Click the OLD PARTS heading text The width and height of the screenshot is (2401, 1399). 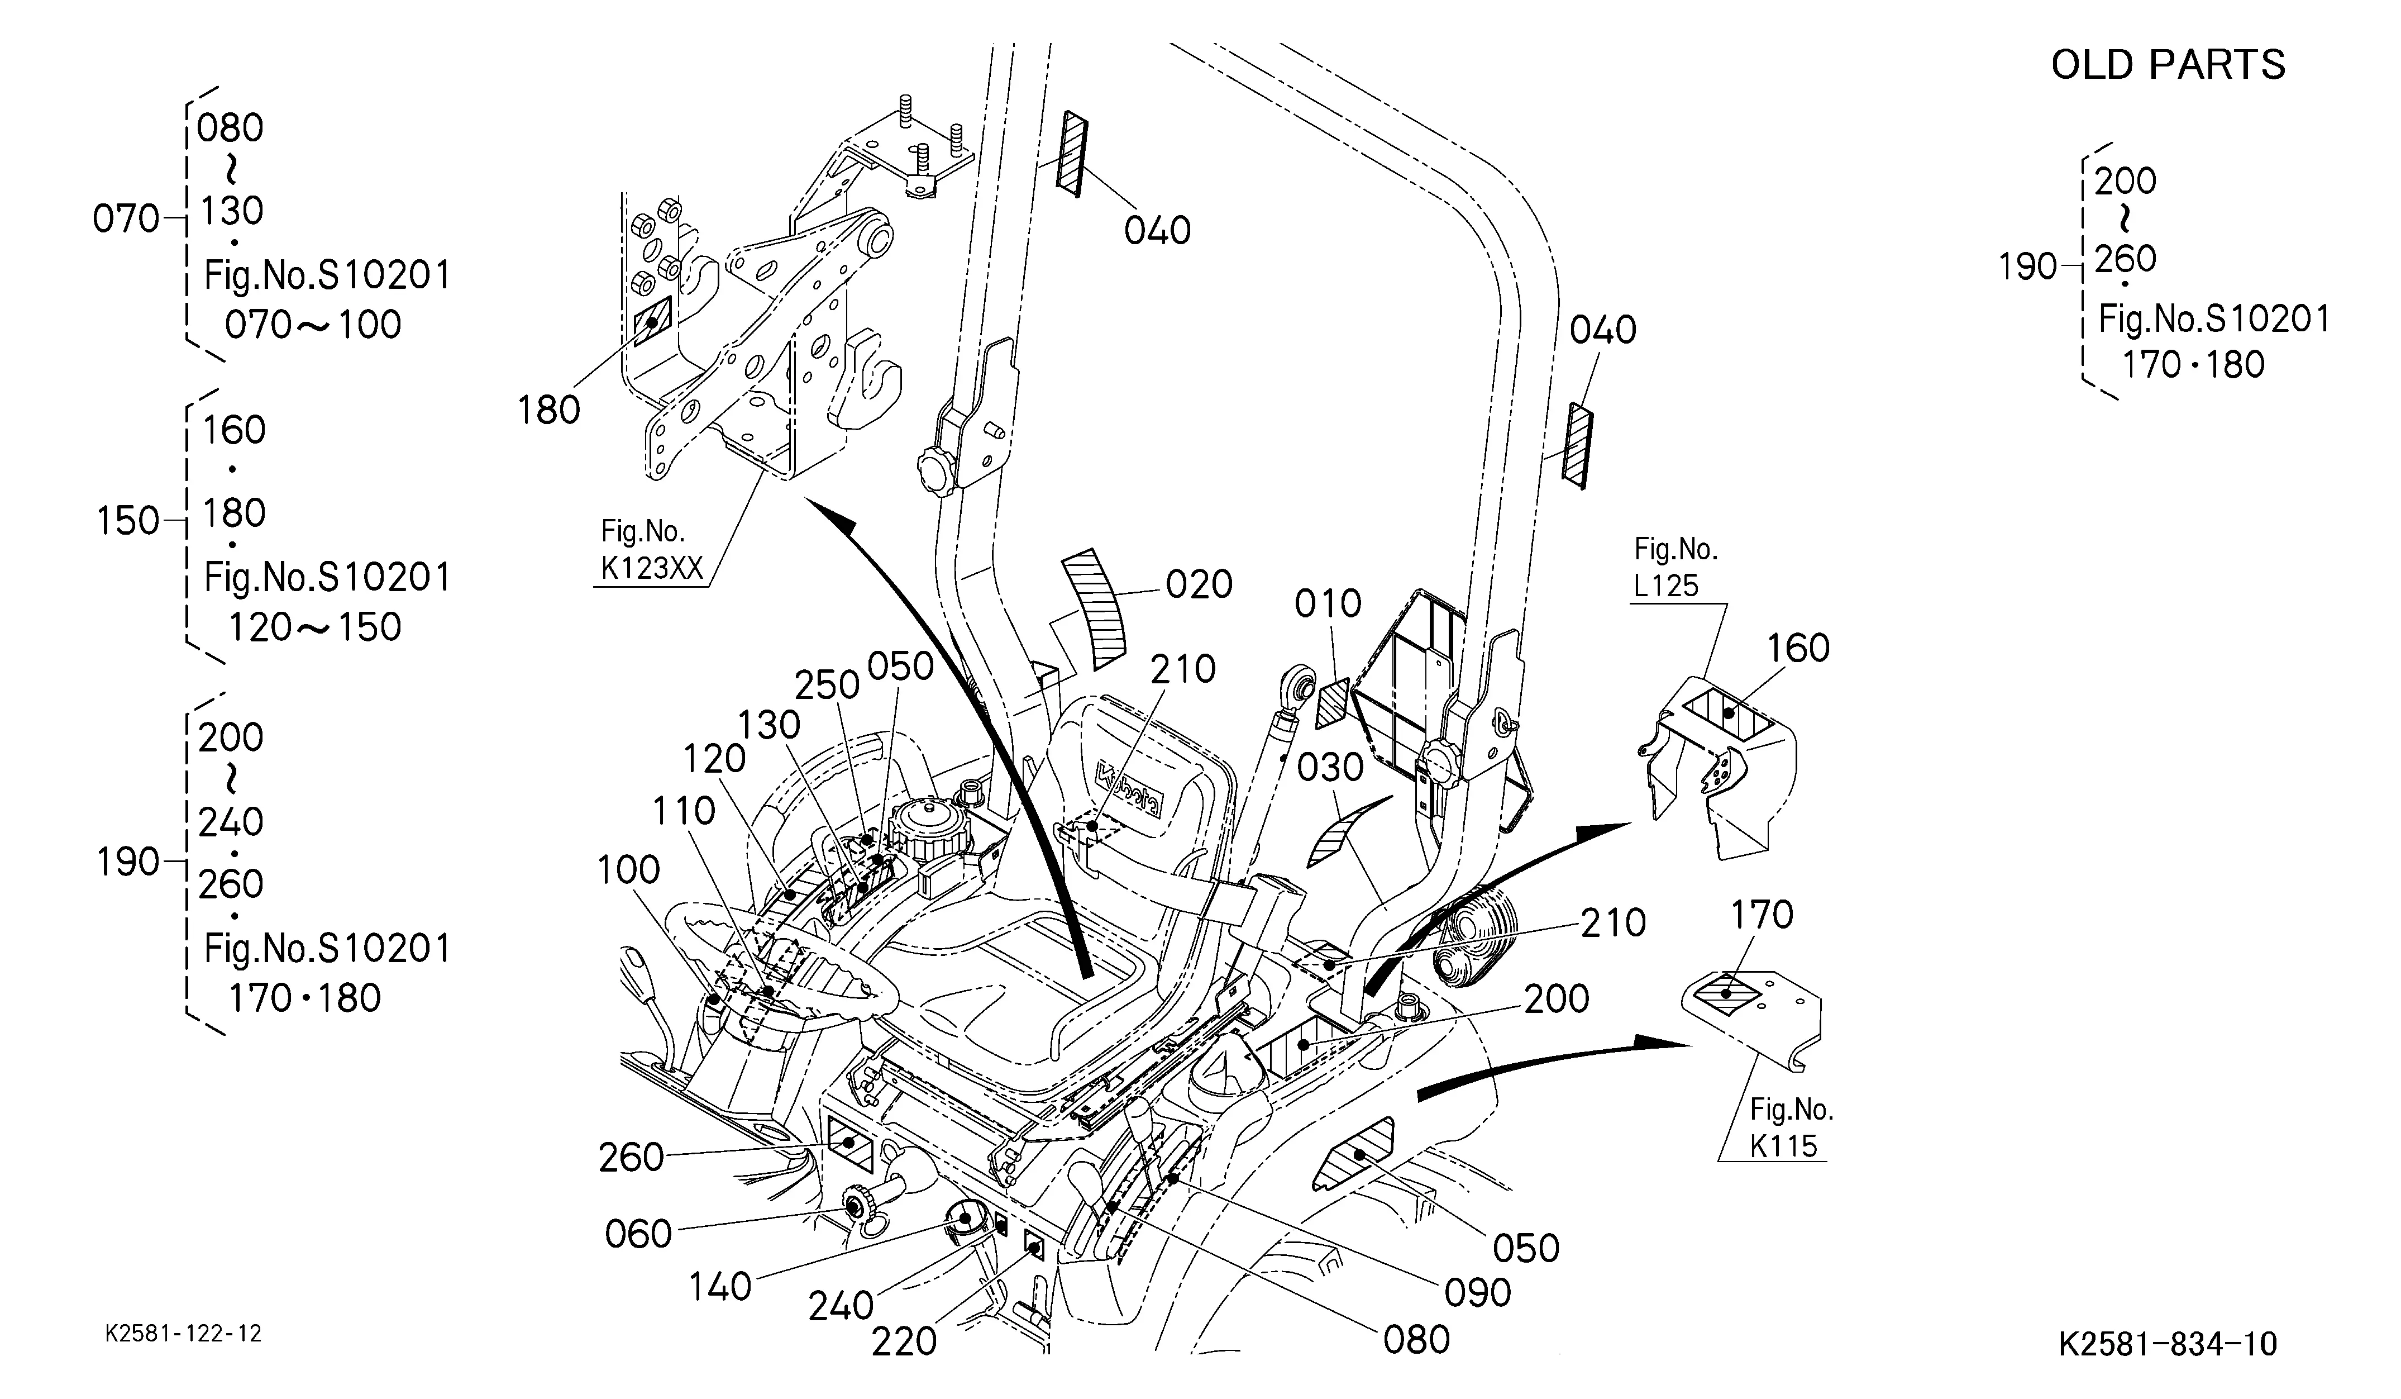[x=2168, y=65]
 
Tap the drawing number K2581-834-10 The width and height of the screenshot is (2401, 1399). [x=2168, y=1344]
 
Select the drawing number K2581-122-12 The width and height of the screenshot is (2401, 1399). [x=183, y=1333]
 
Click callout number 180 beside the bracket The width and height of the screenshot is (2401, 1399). [x=549, y=411]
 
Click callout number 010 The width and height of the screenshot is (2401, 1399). [x=1328, y=604]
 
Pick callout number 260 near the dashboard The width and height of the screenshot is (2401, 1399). [x=631, y=1158]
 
